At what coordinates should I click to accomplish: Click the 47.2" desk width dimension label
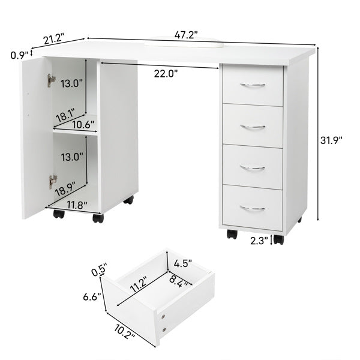pyautogui.click(x=186, y=35)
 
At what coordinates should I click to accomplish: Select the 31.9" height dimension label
pyautogui.click(x=331, y=140)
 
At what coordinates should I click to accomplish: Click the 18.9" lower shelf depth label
pyautogui.click(x=66, y=192)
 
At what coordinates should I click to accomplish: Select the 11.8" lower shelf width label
pyautogui.click(x=76, y=205)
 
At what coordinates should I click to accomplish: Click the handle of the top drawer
pyautogui.click(x=253, y=86)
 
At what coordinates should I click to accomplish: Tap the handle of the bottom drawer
pyautogui.click(x=253, y=209)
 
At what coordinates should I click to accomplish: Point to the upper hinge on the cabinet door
pyautogui.click(x=52, y=79)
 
